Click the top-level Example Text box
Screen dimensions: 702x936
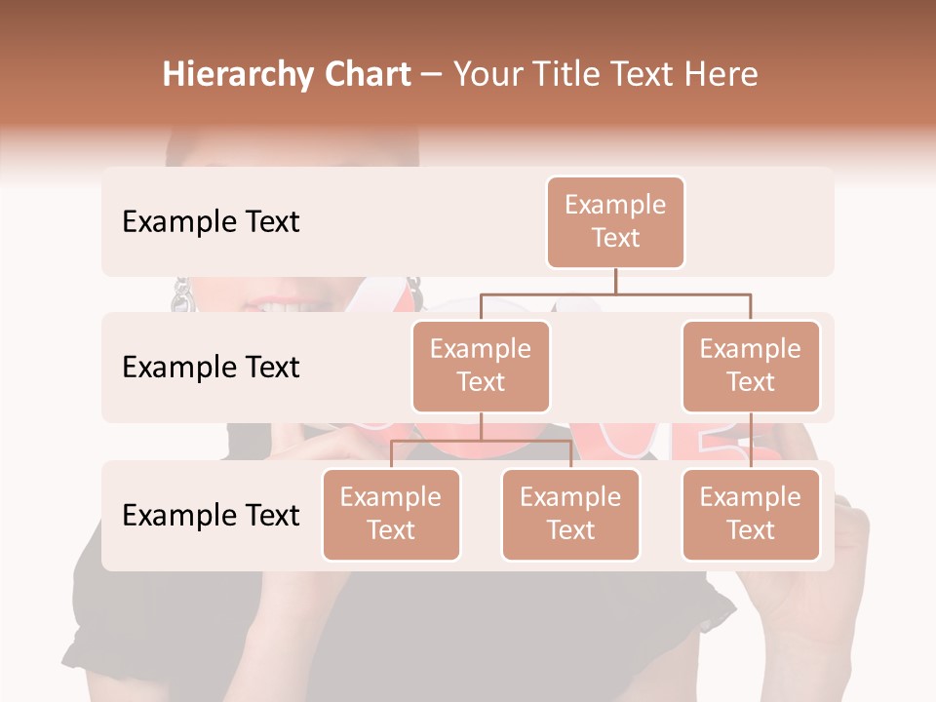tap(615, 222)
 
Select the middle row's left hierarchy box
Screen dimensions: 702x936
tap(481, 367)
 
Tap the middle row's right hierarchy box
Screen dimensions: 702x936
tap(751, 367)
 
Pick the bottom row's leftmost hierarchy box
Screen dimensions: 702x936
tap(391, 515)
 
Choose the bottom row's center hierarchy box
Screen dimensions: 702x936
tap(570, 515)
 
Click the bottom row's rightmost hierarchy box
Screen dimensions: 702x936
tap(751, 515)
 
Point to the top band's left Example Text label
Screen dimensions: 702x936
tap(211, 222)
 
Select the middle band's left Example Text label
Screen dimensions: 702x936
tap(211, 368)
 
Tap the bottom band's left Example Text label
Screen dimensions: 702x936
tap(211, 516)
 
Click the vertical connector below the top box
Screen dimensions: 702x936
tap(615, 281)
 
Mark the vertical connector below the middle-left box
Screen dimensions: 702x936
tap(481, 427)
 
